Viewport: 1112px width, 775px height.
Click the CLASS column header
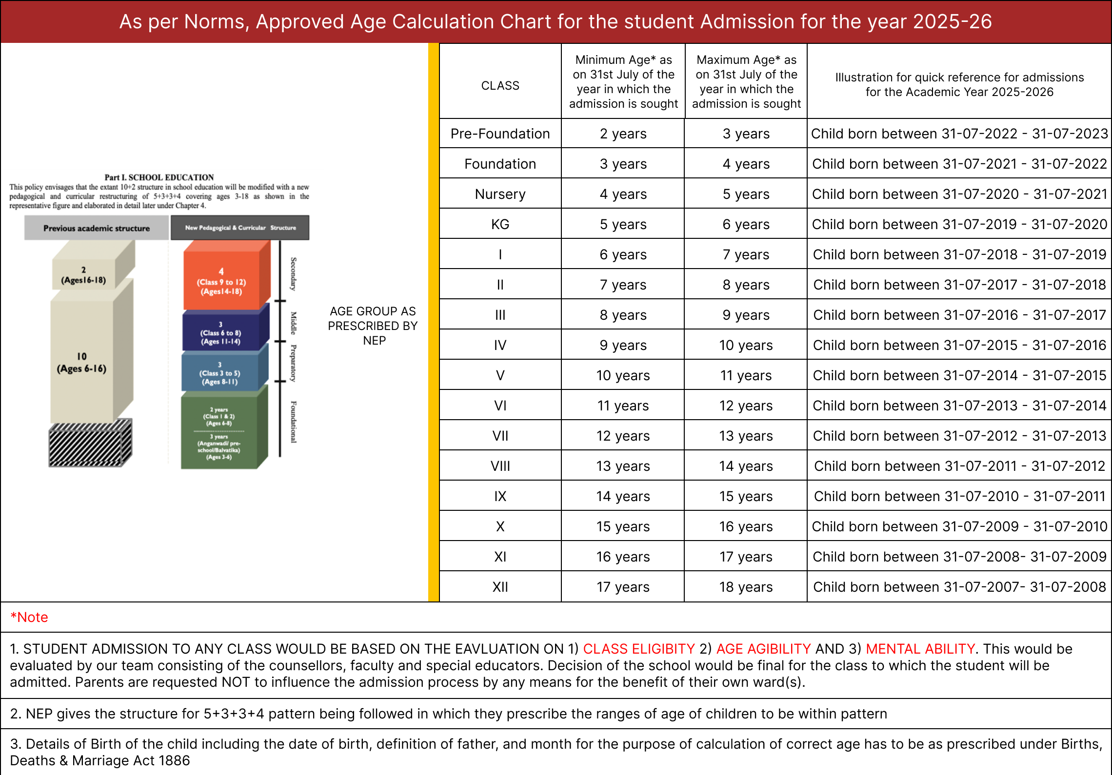point(500,86)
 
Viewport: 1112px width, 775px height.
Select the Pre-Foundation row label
point(500,134)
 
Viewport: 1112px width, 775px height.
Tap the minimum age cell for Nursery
point(623,194)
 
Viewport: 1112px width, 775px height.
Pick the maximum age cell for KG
point(746,224)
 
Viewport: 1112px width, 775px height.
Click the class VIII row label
point(500,466)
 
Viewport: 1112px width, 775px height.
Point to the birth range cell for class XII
point(959,587)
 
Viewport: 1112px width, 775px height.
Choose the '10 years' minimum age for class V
point(623,375)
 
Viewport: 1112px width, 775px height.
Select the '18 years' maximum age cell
point(746,587)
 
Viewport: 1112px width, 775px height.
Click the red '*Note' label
point(29,617)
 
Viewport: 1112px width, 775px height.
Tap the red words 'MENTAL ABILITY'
point(920,649)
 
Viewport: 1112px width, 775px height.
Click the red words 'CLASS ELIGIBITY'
point(638,649)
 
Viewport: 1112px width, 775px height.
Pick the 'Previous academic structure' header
point(96,228)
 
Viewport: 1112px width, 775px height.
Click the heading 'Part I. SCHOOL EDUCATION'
point(159,177)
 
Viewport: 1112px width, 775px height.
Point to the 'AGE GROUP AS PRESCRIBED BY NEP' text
point(373,326)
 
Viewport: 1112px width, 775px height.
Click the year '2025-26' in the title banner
point(952,21)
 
